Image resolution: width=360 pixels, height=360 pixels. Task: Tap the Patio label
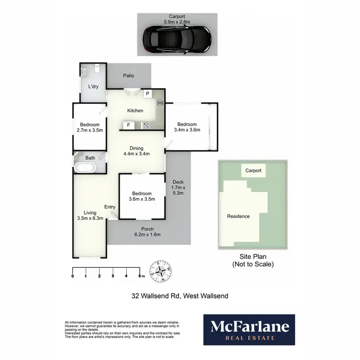128,75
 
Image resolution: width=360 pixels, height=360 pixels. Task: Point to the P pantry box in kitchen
147,94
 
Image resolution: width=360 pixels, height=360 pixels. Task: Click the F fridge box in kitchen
128,126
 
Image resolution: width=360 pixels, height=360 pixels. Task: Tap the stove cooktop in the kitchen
146,126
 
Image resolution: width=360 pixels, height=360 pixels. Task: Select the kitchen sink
160,102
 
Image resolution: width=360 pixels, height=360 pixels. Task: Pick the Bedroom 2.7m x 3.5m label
90,127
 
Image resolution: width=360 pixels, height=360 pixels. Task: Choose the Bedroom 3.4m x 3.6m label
187,127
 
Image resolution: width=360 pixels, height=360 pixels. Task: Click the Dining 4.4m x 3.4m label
137,151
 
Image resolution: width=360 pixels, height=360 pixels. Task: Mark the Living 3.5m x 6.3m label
90,216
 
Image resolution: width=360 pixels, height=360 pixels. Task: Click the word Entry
110,207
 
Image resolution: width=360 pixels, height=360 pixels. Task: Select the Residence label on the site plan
239,216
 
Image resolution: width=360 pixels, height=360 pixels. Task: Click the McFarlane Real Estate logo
249,329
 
